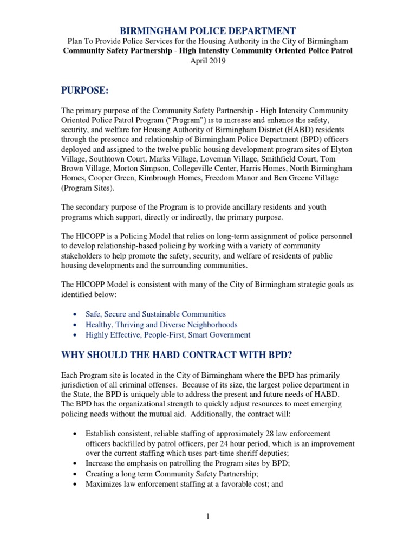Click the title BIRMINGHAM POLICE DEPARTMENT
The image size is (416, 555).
(207, 31)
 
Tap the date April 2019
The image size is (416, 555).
(207, 61)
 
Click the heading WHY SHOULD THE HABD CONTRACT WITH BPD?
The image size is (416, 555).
(184, 354)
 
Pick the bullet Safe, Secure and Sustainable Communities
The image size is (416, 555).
(155, 314)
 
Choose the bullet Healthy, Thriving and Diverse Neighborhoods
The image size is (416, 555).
(161, 324)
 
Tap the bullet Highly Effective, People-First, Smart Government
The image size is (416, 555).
(168, 335)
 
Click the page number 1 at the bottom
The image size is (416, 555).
(207, 516)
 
